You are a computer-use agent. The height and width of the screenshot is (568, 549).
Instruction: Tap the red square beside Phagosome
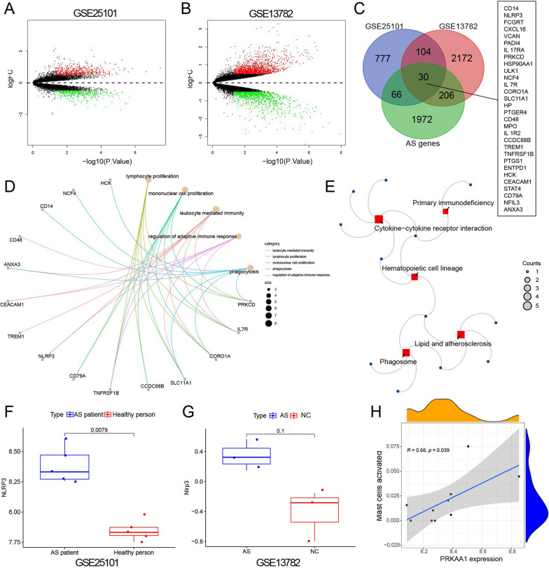coord(405,353)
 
